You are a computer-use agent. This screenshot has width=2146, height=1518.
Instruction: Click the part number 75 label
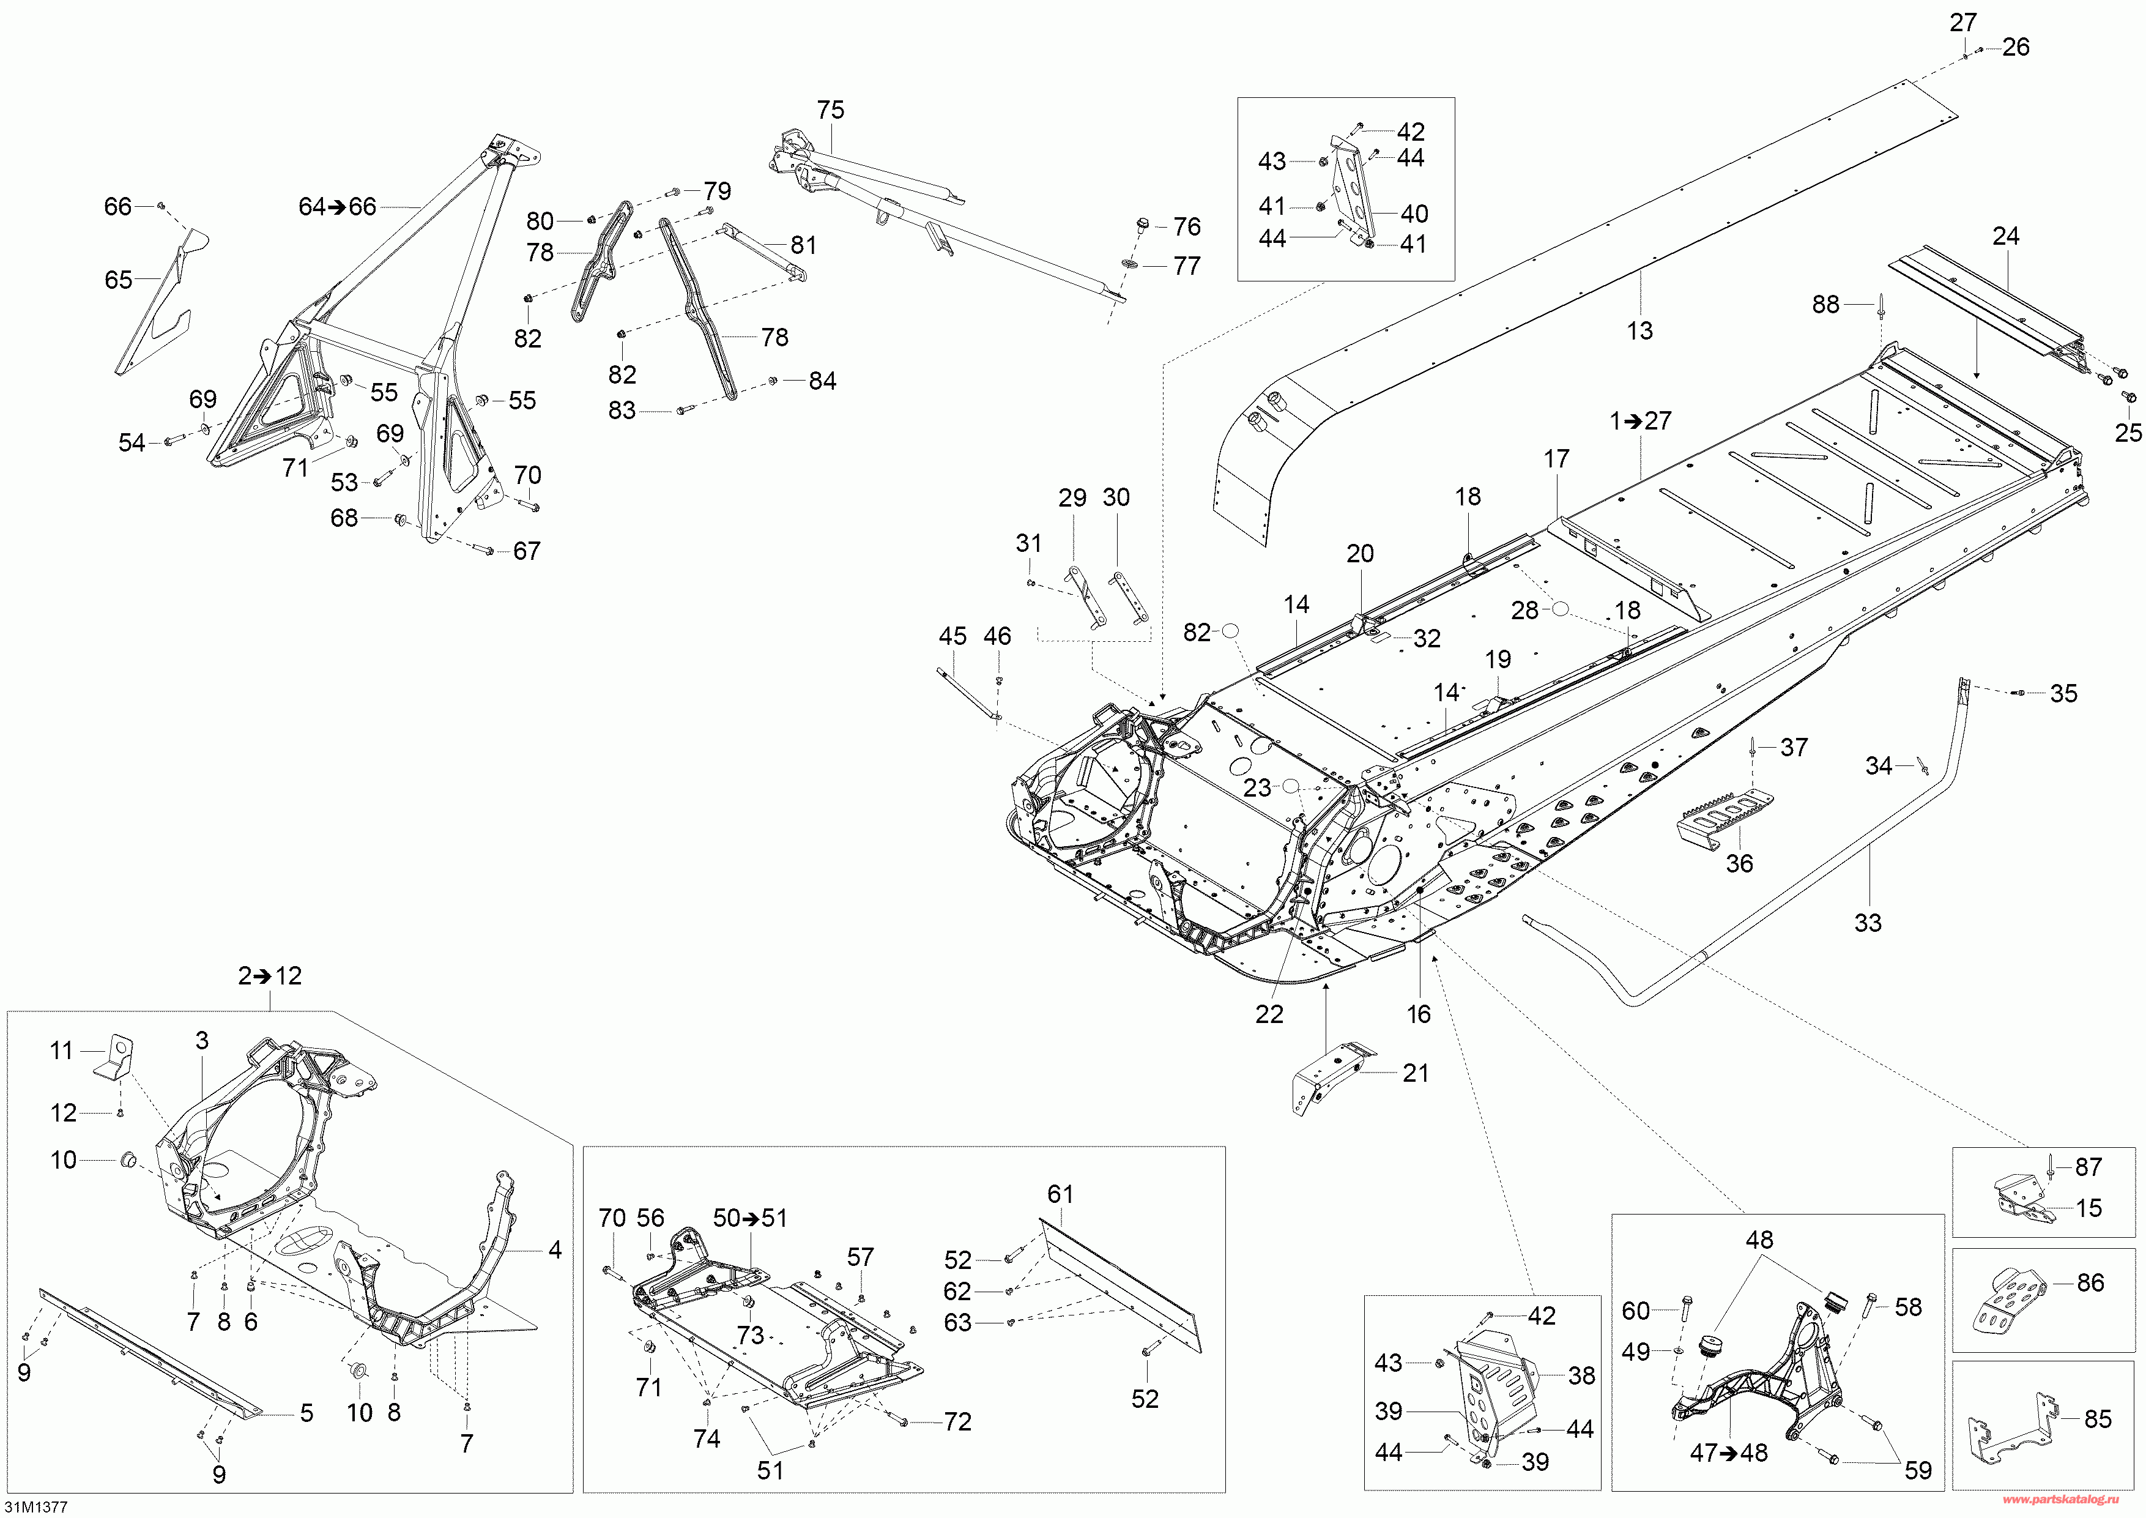tap(830, 110)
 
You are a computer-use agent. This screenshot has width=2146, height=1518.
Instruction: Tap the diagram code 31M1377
tap(35, 1507)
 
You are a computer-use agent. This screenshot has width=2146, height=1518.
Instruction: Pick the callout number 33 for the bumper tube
tap(1868, 923)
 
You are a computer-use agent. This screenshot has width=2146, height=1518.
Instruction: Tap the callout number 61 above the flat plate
tap(1060, 1194)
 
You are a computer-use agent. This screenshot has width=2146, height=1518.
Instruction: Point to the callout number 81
tap(803, 245)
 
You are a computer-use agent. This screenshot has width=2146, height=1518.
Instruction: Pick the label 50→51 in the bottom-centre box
tap(749, 1218)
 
